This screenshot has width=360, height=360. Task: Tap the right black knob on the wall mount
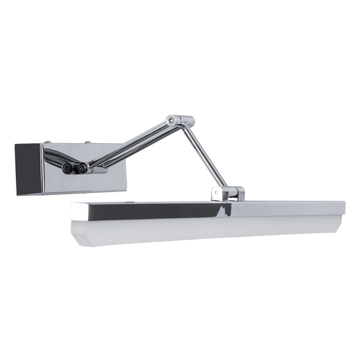[x=82, y=168]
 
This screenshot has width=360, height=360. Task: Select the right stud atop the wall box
[x=89, y=141]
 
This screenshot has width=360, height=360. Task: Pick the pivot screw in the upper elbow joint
[x=174, y=120]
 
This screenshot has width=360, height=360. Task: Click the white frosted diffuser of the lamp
[x=202, y=230]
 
